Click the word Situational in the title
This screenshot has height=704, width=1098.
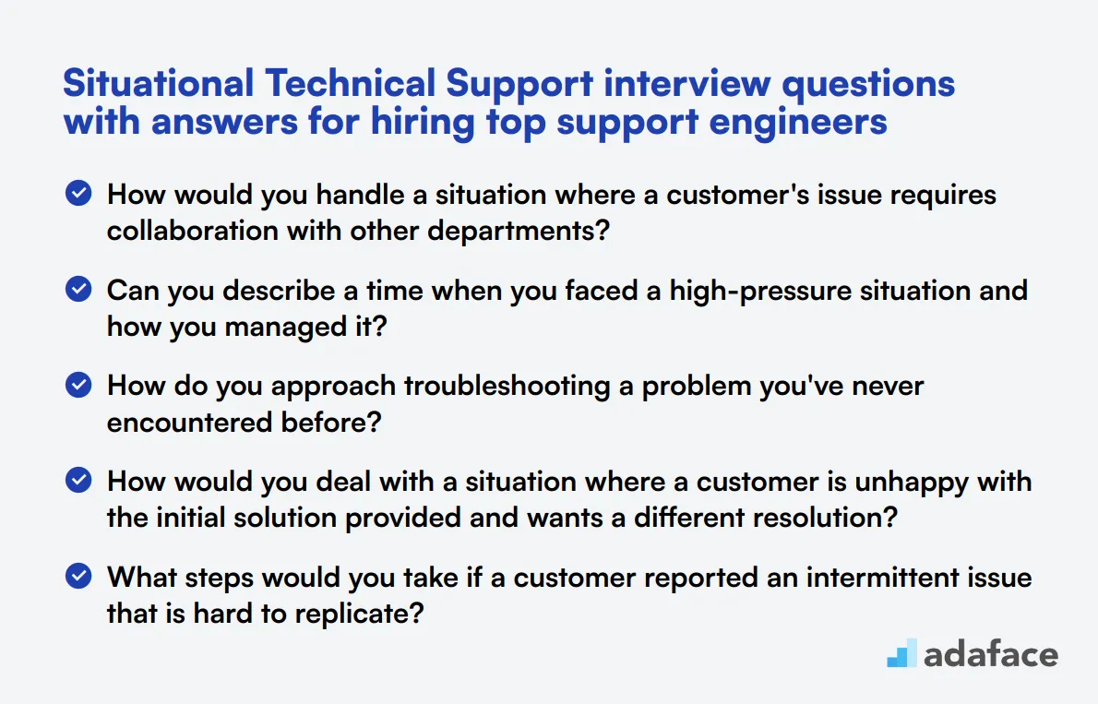(158, 85)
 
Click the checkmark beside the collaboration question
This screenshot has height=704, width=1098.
(79, 194)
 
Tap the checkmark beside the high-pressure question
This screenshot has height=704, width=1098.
(79, 290)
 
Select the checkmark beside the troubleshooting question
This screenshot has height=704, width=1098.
(79, 386)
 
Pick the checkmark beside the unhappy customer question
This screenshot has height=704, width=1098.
(79, 482)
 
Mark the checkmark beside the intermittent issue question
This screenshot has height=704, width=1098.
(79, 578)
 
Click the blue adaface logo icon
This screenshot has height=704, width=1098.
(901, 653)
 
